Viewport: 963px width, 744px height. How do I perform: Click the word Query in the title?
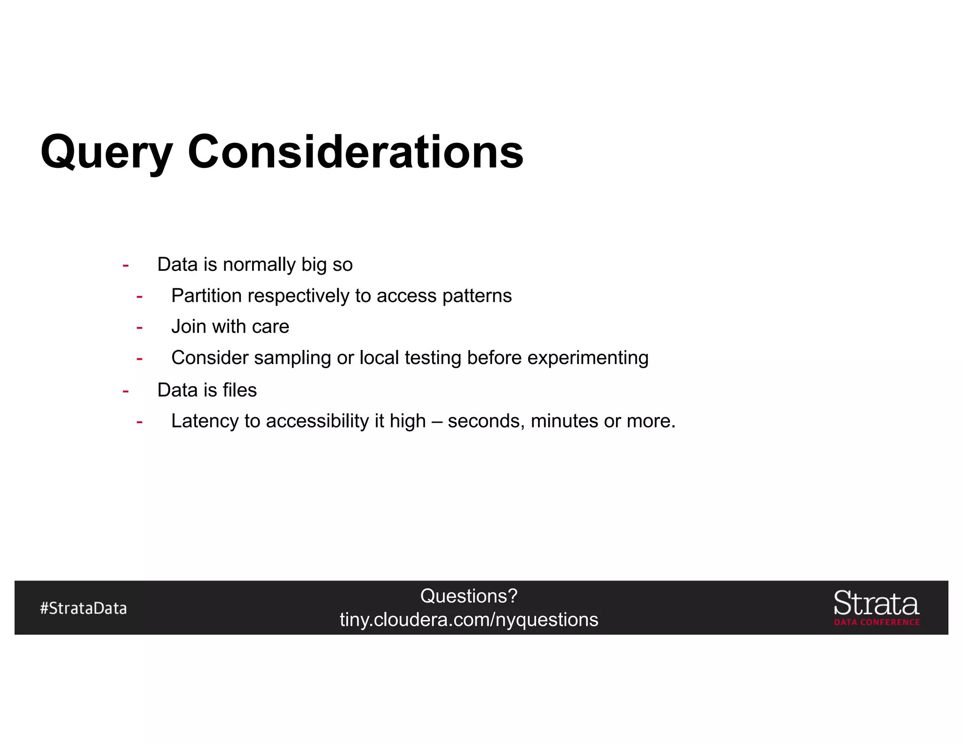click(x=106, y=152)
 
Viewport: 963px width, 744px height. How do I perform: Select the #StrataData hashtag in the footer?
click(x=84, y=608)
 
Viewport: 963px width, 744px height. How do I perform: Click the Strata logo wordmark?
click(x=876, y=604)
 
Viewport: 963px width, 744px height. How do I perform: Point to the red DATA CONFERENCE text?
click(x=877, y=622)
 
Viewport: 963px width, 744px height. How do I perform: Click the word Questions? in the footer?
click(x=469, y=596)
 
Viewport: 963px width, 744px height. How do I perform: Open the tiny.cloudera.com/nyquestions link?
click(x=469, y=619)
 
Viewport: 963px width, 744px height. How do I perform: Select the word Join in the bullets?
click(x=189, y=327)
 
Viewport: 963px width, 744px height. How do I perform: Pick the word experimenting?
click(x=588, y=358)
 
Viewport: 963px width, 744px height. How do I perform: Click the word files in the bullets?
click(x=240, y=390)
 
